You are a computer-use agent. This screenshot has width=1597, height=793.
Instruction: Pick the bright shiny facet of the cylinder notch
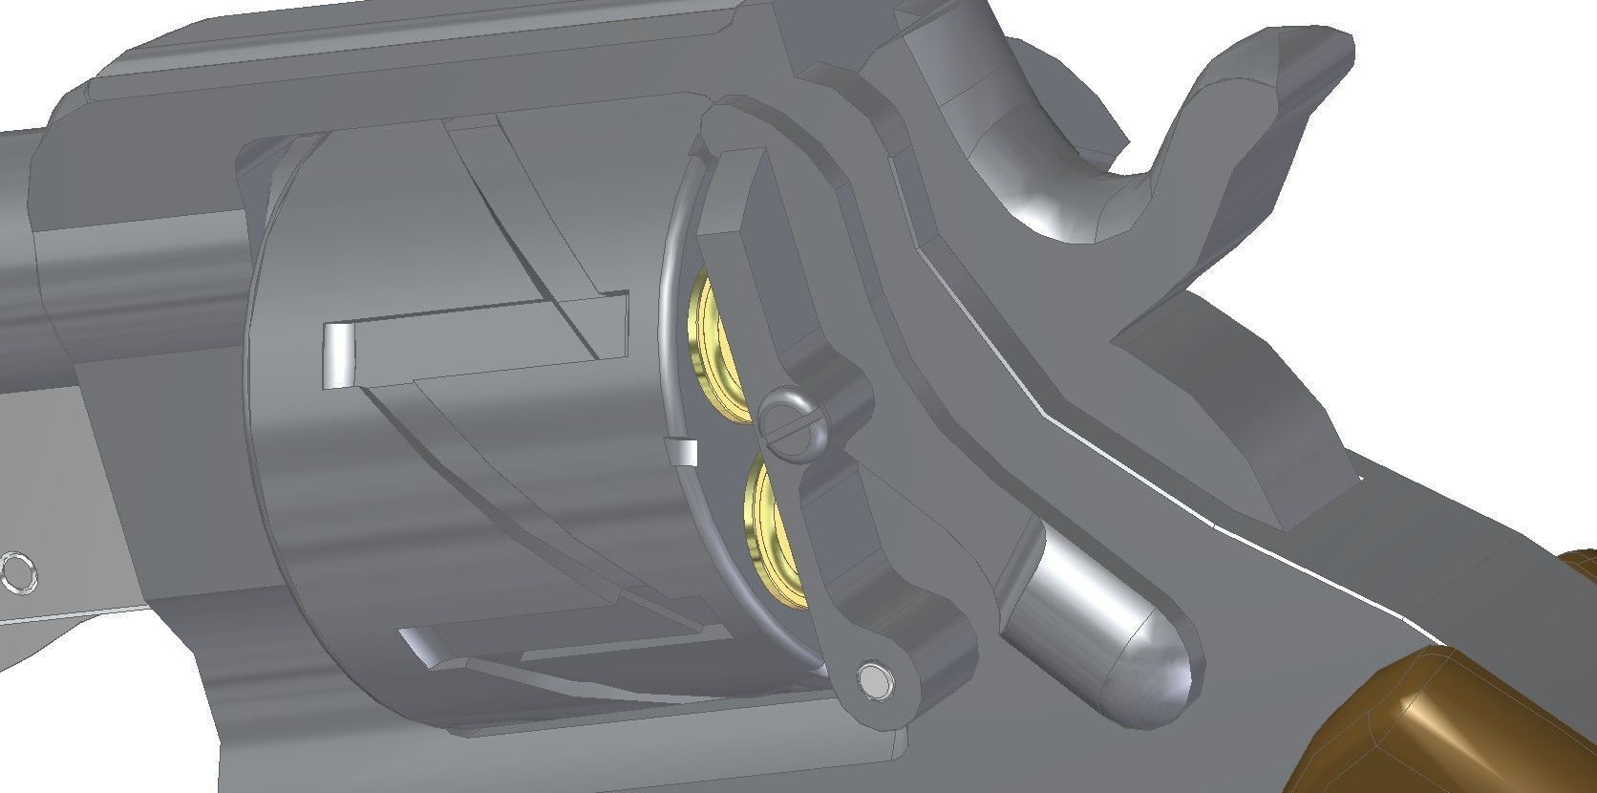[337, 355]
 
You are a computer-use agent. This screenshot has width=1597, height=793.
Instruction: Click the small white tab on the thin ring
[684, 451]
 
